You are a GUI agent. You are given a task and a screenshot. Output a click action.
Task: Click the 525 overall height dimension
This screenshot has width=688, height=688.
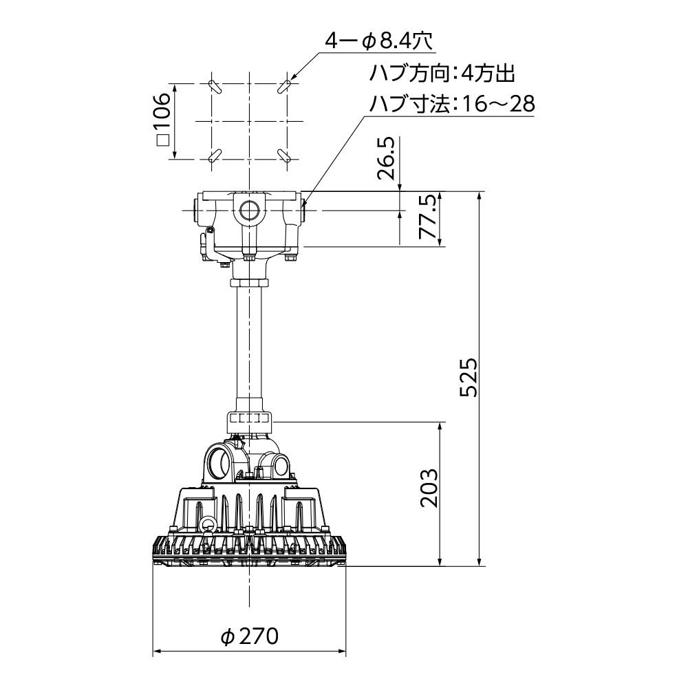tap(469, 377)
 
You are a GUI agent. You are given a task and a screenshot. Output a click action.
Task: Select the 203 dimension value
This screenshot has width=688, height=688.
tap(429, 488)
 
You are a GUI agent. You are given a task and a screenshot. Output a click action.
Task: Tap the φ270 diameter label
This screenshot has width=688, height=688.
tap(250, 636)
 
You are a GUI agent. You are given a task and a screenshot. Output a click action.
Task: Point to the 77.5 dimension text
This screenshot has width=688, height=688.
tap(428, 217)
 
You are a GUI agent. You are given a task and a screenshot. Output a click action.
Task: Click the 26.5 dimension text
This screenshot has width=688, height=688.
tap(387, 158)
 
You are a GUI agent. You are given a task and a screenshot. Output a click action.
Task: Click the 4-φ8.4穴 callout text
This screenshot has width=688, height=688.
tap(377, 42)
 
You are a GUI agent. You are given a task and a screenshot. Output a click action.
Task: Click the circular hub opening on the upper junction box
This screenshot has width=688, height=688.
tap(248, 209)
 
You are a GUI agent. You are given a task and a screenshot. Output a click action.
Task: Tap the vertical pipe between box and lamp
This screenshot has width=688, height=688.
tap(250, 344)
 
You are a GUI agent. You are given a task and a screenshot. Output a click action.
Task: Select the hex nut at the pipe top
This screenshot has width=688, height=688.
tap(249, 282)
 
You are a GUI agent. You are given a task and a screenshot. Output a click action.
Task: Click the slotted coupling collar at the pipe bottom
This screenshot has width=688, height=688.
tap(249, 418)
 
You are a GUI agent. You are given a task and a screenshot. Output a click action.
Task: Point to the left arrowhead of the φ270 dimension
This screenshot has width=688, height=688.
tap(156, 651)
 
